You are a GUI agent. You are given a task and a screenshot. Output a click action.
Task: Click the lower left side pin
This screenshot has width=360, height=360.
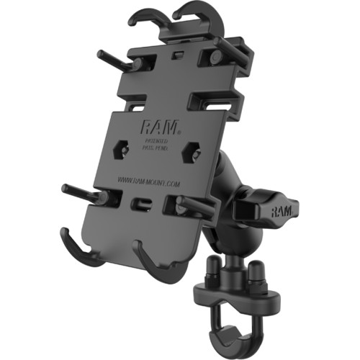84,193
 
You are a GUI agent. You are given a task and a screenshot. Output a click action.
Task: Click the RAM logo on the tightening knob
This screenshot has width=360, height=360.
284,212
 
